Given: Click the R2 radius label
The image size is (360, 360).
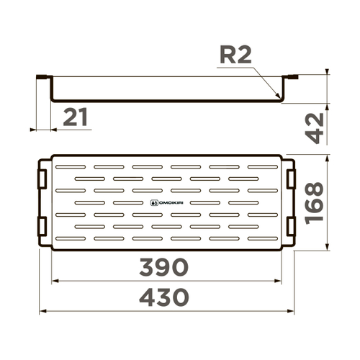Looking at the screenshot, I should [235, 55].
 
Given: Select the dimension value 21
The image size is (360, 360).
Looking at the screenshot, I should [76, 117].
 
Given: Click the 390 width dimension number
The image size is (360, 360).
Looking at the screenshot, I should [165, 267].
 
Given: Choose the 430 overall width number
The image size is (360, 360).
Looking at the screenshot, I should [165, 297].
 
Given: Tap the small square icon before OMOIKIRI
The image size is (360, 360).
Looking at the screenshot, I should [153, 203].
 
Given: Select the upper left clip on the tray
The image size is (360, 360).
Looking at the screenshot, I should [42, 177].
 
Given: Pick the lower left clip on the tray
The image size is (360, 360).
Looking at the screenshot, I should [42, 227].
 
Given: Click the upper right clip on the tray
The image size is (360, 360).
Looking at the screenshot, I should [291, 177].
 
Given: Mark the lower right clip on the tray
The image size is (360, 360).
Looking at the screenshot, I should [291, 227].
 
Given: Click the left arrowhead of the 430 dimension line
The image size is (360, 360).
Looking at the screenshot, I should [42, 312].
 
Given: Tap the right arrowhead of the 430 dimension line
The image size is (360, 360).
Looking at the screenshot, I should [293, 312].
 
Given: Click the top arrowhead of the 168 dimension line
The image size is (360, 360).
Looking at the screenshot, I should [329, 158].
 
